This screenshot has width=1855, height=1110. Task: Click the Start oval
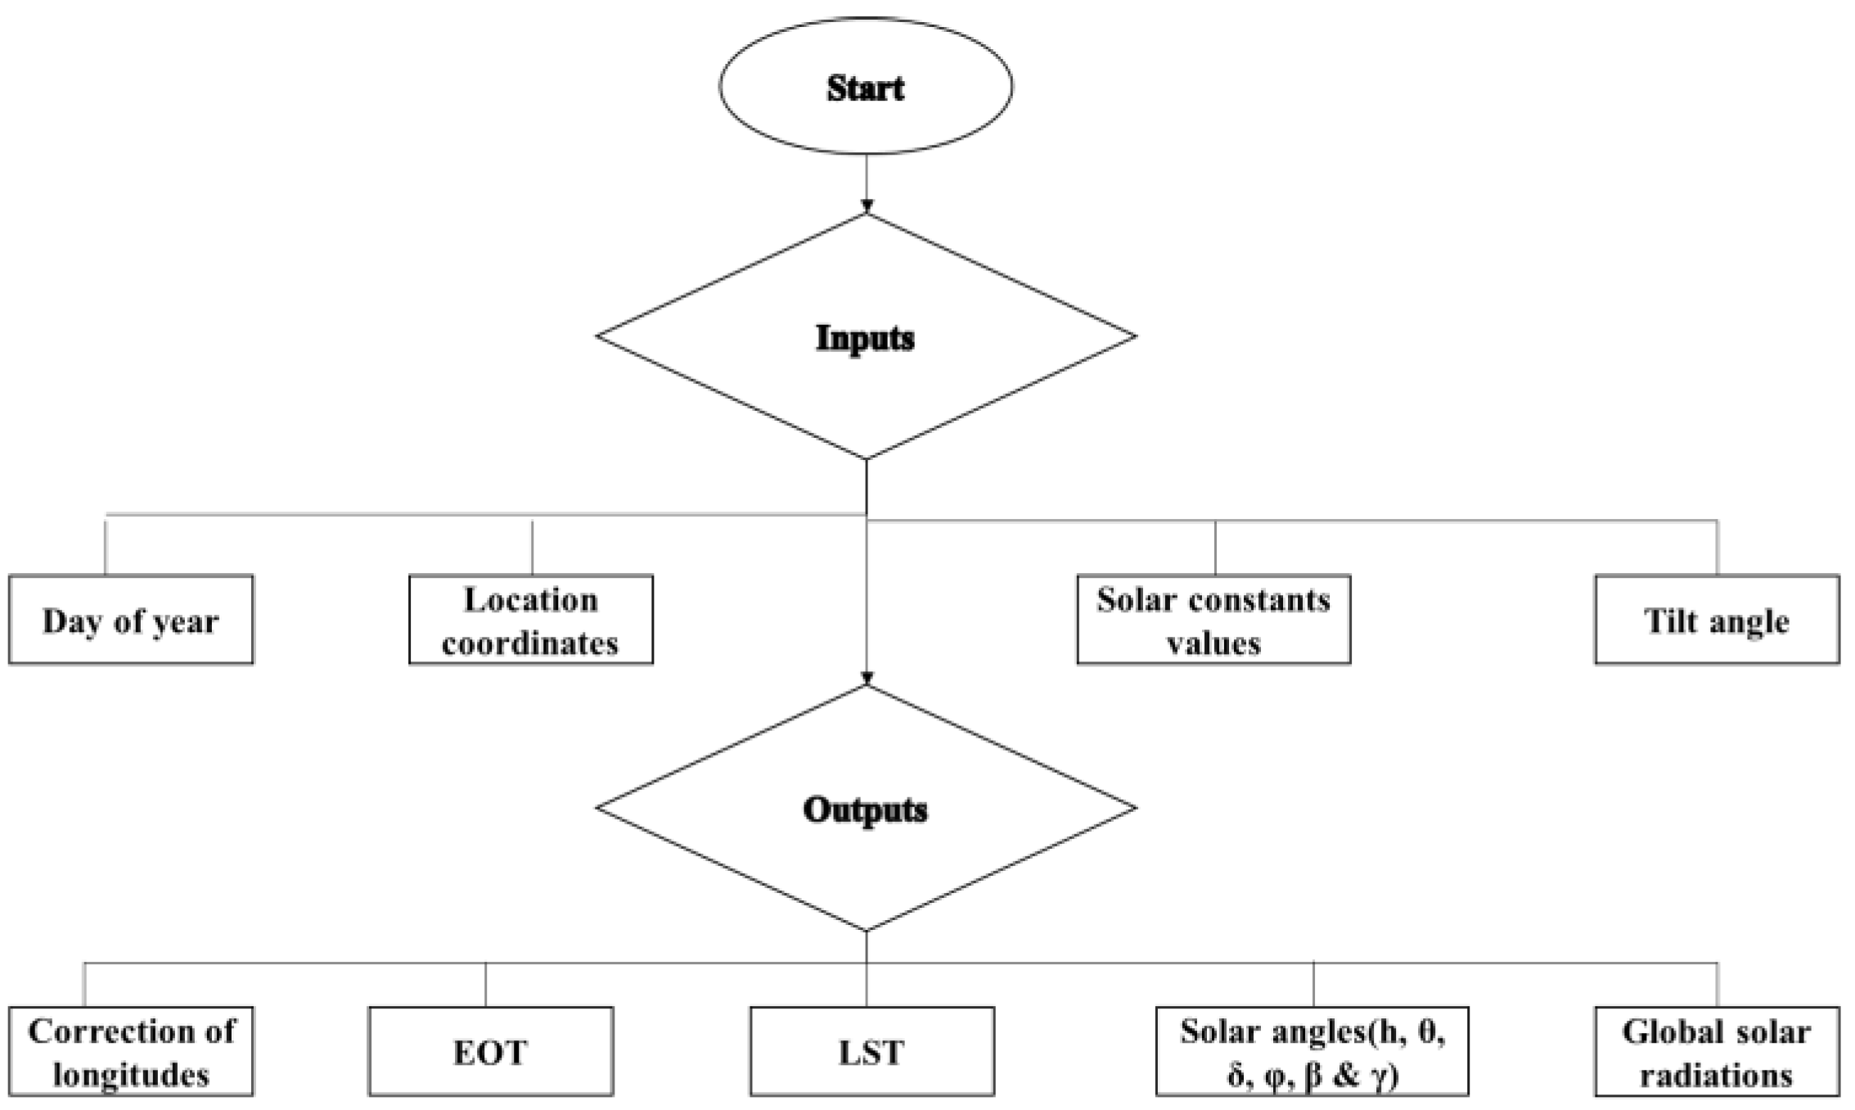(866, 87)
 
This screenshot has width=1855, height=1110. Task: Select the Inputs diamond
(866, 336)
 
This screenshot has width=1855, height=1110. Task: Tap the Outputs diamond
(866, 809)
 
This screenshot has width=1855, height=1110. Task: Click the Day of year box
(131, 620)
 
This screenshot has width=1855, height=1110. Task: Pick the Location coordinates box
(531, 620)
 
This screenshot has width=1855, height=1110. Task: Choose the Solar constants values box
(1213, 620)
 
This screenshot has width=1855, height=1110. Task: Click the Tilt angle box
(1717, 620)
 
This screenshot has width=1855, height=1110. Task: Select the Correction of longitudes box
(131, 1052)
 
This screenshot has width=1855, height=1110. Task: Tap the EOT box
(491, 1052)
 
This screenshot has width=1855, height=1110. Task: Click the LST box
(872, 1052)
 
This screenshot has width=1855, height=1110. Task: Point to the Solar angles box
(1312, 1052)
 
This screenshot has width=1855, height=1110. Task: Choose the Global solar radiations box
(1717, 1052)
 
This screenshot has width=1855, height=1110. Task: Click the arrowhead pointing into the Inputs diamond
(867, 206)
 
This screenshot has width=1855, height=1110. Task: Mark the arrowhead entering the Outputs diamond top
(867, 679)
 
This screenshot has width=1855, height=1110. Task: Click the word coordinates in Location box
(530, 643)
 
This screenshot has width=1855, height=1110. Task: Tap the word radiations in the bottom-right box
(1717, 1075)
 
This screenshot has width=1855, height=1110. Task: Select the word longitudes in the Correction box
(131, 1075)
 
